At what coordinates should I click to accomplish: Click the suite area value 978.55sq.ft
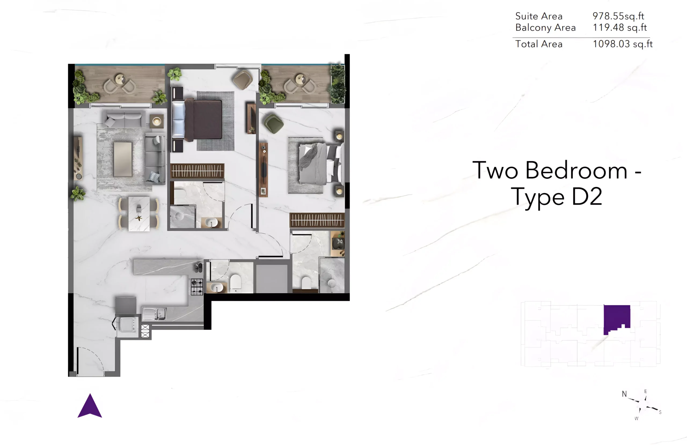tap(618, 16)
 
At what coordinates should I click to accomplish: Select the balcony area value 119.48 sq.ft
tap(620, 27)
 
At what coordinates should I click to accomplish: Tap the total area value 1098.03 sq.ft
tap(623, 44)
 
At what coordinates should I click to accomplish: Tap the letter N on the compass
tap(624, 394)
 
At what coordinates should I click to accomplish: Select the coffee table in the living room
tap(123, 159)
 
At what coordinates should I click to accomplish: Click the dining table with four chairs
tap(139, 214)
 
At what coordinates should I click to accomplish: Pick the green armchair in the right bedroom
tap(273, 123)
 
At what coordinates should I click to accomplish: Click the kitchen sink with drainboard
tap(154, 314)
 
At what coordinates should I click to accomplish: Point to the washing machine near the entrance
tap(127, 325)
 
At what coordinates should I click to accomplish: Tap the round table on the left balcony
tap(120, 79)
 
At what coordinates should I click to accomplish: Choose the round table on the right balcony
tap(300, 79)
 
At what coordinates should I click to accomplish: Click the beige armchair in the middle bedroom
tap(243, 79)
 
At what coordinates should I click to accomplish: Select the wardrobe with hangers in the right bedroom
tap(317, 220)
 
